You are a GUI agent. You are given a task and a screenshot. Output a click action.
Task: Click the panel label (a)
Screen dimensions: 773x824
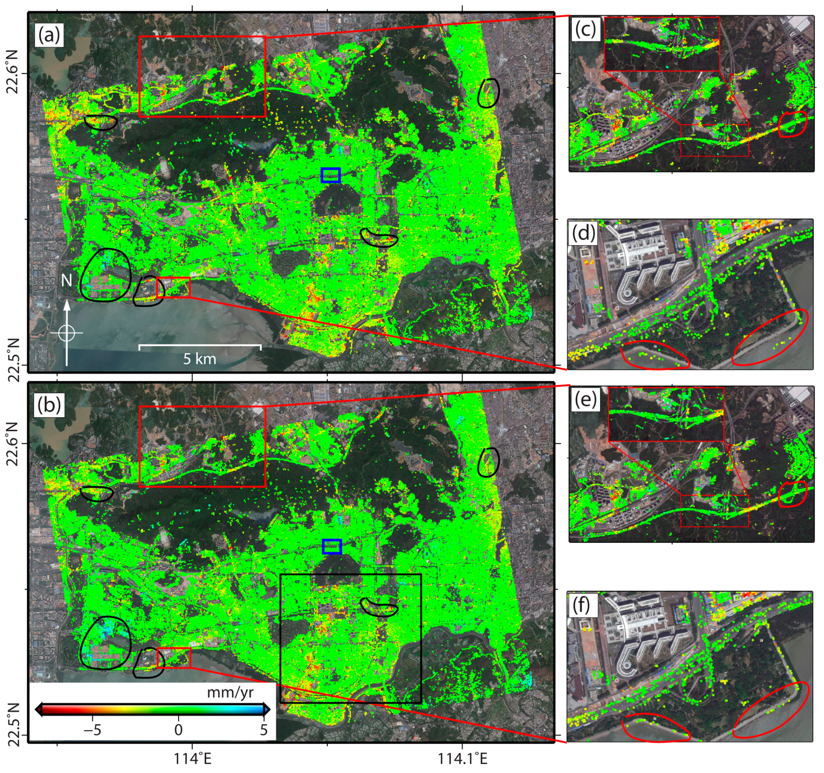(x=49, y=35)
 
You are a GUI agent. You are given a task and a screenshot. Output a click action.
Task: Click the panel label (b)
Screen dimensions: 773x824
(x=49, y=405)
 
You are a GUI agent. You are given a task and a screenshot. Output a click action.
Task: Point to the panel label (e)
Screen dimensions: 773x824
(x=585, y=400)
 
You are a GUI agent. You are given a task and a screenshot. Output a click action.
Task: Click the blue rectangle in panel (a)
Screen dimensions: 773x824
(x=330, y=175)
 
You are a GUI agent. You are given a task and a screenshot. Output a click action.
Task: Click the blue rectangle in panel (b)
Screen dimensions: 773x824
(x=332, y=547)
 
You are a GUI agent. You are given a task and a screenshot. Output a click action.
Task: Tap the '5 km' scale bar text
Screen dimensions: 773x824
(x=200, y=359)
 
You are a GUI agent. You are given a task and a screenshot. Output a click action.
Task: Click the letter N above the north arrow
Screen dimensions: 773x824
(x=67, y=280)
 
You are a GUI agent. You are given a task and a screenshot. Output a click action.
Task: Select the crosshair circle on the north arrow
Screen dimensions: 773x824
(x=67, y=333)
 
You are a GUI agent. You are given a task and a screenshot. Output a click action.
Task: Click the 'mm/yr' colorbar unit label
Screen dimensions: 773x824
(x=230, y=693)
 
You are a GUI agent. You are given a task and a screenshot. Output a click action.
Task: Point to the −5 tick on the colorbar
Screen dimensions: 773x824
(x=93, y=730)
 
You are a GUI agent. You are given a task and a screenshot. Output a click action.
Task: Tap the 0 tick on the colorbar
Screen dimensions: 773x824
(x=178, y=730)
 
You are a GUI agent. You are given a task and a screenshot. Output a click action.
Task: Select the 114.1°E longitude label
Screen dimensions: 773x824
(x=463, y=759)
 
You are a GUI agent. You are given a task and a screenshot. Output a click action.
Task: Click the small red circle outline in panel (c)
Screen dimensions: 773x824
(x=792, y=124)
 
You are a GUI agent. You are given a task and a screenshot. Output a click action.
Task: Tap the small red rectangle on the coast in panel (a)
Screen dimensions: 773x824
(x=173, y=287)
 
